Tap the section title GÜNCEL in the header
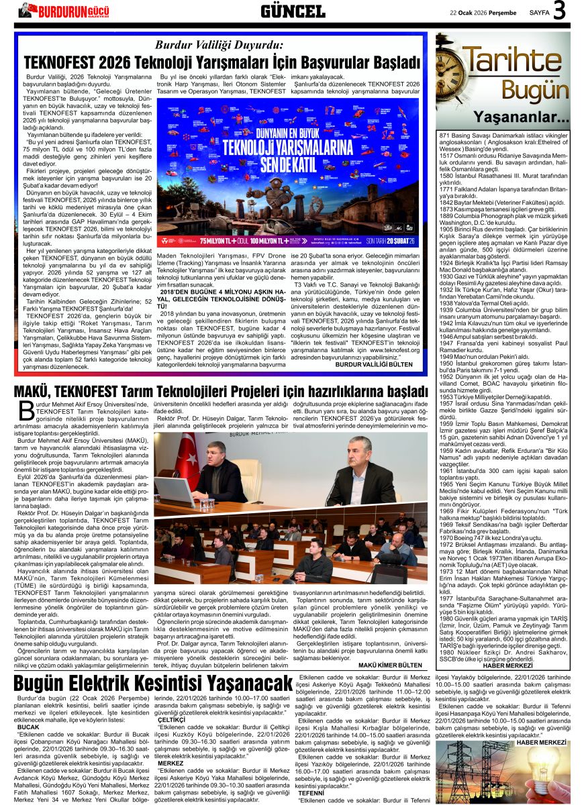click(x=293, y=11)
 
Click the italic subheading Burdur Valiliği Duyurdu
click(x=219, y=46)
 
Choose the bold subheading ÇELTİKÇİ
click(x=166, y=720)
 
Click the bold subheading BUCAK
click(x=28, y=727)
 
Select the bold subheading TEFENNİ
click(x=311, y=792)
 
